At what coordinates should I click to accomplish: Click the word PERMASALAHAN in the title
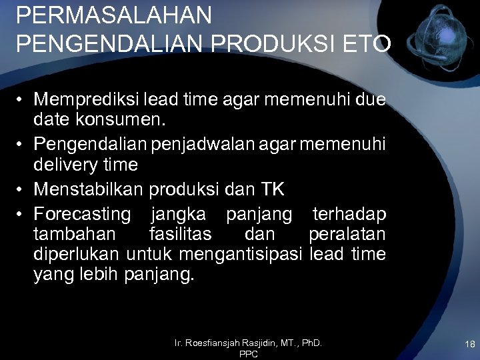click(114, 15)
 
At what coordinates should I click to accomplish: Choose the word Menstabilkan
click(88, 189)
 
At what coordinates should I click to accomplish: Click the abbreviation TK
click(272, 189)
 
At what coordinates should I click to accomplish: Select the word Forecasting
click(83, 214)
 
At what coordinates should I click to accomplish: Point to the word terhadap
click(349, 214)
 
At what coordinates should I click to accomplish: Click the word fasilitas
click(181, 235)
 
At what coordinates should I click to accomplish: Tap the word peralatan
click(347, 235)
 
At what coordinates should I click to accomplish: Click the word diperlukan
click(76, 254)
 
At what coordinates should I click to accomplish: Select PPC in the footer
click(248, 354)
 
